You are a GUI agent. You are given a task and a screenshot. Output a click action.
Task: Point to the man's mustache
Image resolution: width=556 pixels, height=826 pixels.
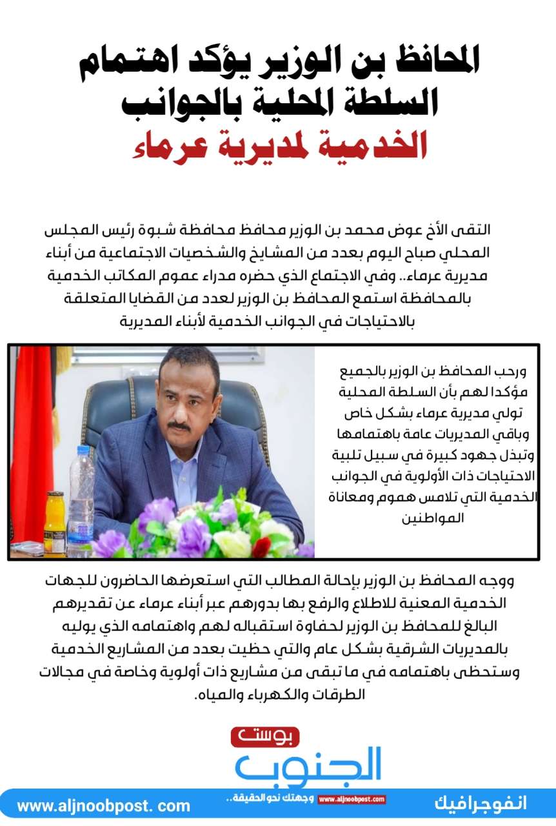coord(179,426)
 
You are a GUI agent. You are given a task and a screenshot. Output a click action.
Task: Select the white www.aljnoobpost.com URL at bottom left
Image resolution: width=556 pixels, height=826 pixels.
coord(103,806)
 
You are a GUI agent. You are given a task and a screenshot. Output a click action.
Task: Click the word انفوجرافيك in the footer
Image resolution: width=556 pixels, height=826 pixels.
coord(480,804)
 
